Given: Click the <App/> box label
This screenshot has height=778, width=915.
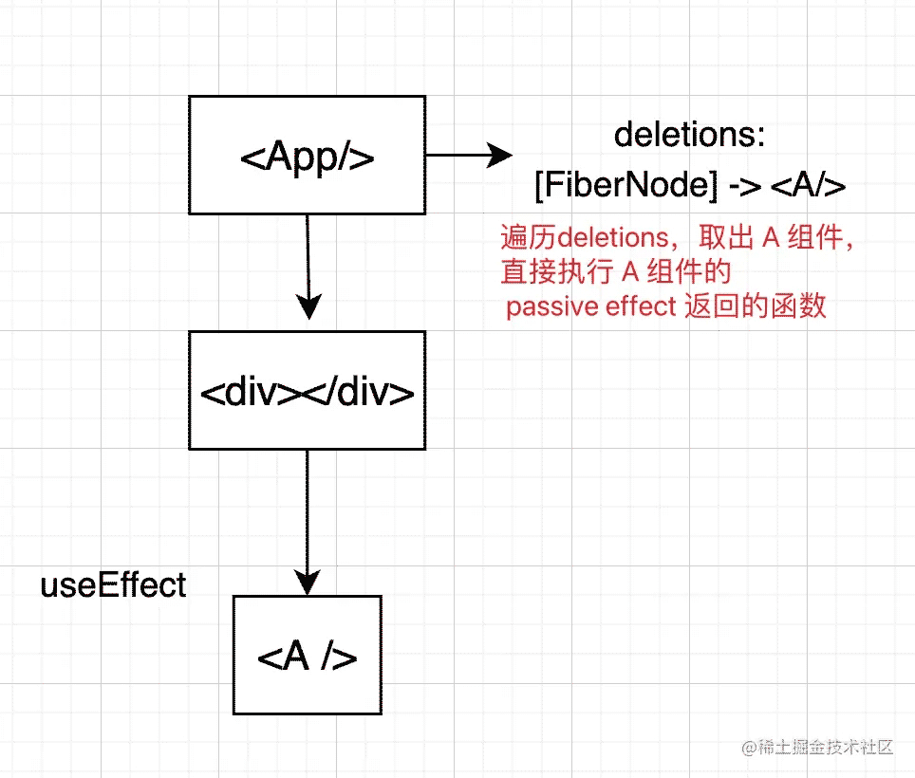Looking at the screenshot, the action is click(307, 157).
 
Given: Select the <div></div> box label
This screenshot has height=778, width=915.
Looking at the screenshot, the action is click(307, 392).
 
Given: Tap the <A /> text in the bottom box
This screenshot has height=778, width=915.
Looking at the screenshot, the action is click(307, 657).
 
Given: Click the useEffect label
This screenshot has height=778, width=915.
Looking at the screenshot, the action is click(113, 585).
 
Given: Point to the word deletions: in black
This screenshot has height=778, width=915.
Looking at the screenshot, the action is click(689, 135).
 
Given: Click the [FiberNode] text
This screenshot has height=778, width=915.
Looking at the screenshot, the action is click(626, 185).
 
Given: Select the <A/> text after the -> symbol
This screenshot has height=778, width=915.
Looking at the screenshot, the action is click(808, 186).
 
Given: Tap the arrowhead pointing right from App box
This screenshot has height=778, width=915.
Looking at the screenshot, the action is click(499, 156).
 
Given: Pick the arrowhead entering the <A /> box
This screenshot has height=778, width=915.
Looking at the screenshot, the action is click(307, 582).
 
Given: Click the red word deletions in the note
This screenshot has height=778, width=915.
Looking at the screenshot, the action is click(613, 238).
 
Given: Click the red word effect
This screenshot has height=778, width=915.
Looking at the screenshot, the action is click(641, 306).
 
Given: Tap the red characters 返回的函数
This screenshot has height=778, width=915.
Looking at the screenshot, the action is click(756, 306).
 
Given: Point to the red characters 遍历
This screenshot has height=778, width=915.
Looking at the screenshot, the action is click(528, 237).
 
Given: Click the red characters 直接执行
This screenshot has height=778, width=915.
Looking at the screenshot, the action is click(557, 271).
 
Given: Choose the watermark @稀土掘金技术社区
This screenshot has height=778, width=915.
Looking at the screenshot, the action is click(817, 747).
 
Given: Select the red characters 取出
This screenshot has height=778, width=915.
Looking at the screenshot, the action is click(726, 237).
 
